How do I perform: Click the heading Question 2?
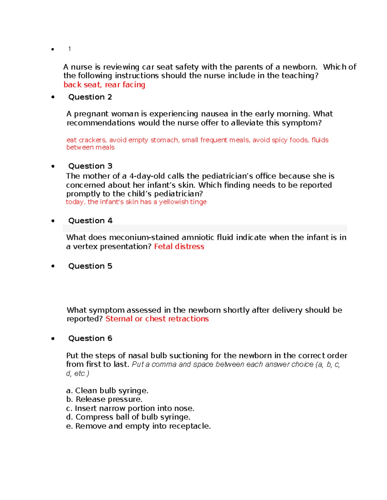coord(90,97)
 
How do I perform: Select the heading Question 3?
coord(90,166)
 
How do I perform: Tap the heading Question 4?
coord(90,221)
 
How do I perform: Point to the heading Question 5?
coord(90,266)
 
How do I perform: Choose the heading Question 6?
coord(90,338)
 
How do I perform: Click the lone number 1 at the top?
coord(69,49)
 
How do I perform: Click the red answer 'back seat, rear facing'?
coord(104,85)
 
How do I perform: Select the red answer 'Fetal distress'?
coord(179,247)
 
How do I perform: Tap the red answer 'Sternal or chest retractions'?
coord(157,319)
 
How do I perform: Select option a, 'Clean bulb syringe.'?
coord(107,391)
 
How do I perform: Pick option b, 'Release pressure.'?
coord(104,399)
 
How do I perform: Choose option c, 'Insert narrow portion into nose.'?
coord(130,408)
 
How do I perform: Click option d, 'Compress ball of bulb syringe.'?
coord(128,417)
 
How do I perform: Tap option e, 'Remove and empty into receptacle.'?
coord(138,426)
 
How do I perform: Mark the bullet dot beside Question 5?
coord(53,266)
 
